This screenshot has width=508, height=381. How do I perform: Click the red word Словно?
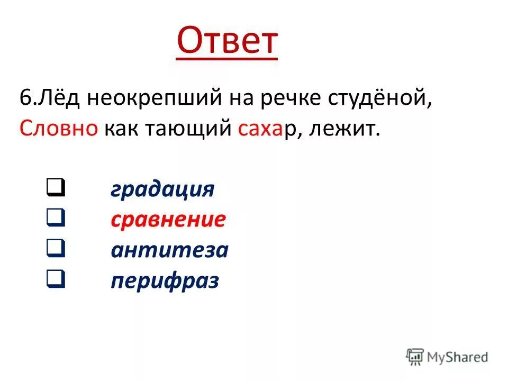click(59, 129)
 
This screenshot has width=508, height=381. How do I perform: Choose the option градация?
click(162, 189)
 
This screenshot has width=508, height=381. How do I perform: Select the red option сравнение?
click(168, 220)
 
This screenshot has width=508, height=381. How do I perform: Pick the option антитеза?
click(169, 250)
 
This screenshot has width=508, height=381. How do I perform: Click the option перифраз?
click(165, 280)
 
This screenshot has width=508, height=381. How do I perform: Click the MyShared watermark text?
click(458, 357)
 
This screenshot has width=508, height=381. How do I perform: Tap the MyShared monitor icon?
click(415, 356)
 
